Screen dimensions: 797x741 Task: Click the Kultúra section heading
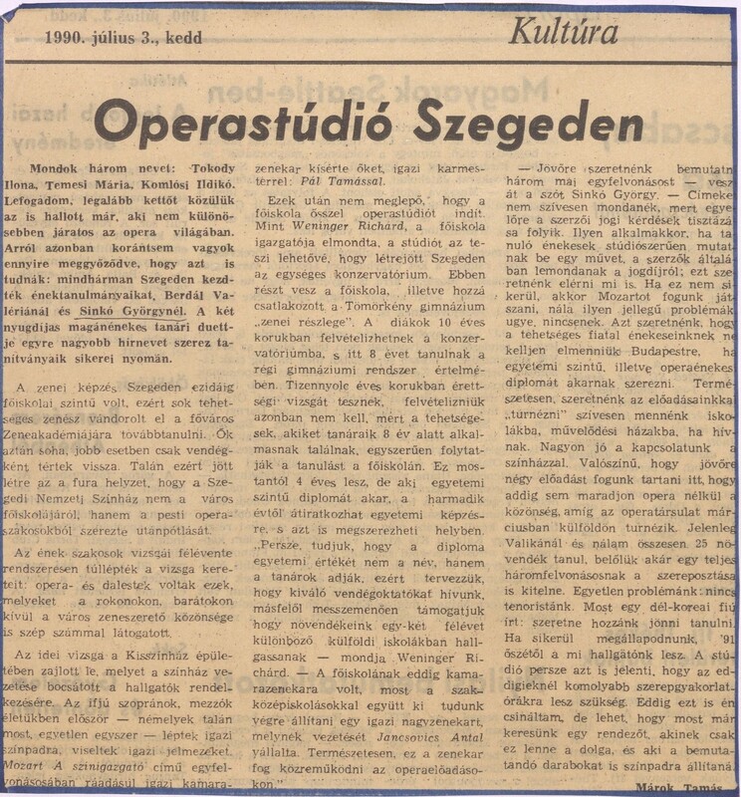563,33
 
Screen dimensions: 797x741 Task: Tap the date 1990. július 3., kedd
123,39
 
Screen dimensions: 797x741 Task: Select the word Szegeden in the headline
527,123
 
